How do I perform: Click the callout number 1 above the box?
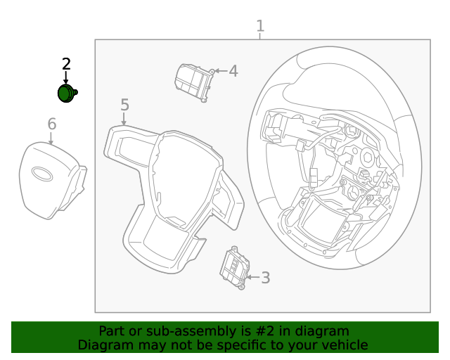260,27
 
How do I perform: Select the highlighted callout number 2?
66,64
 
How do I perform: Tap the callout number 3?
265,278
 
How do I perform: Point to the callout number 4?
233,71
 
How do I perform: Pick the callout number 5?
124,105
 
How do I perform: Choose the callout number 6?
51,124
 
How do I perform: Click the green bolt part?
67,94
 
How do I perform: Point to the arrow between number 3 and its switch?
251,278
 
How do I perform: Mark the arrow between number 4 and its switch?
219,71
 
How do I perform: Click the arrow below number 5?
124,120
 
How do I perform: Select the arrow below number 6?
51,138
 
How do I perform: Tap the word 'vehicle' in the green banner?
344,345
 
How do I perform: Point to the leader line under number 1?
260,37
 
